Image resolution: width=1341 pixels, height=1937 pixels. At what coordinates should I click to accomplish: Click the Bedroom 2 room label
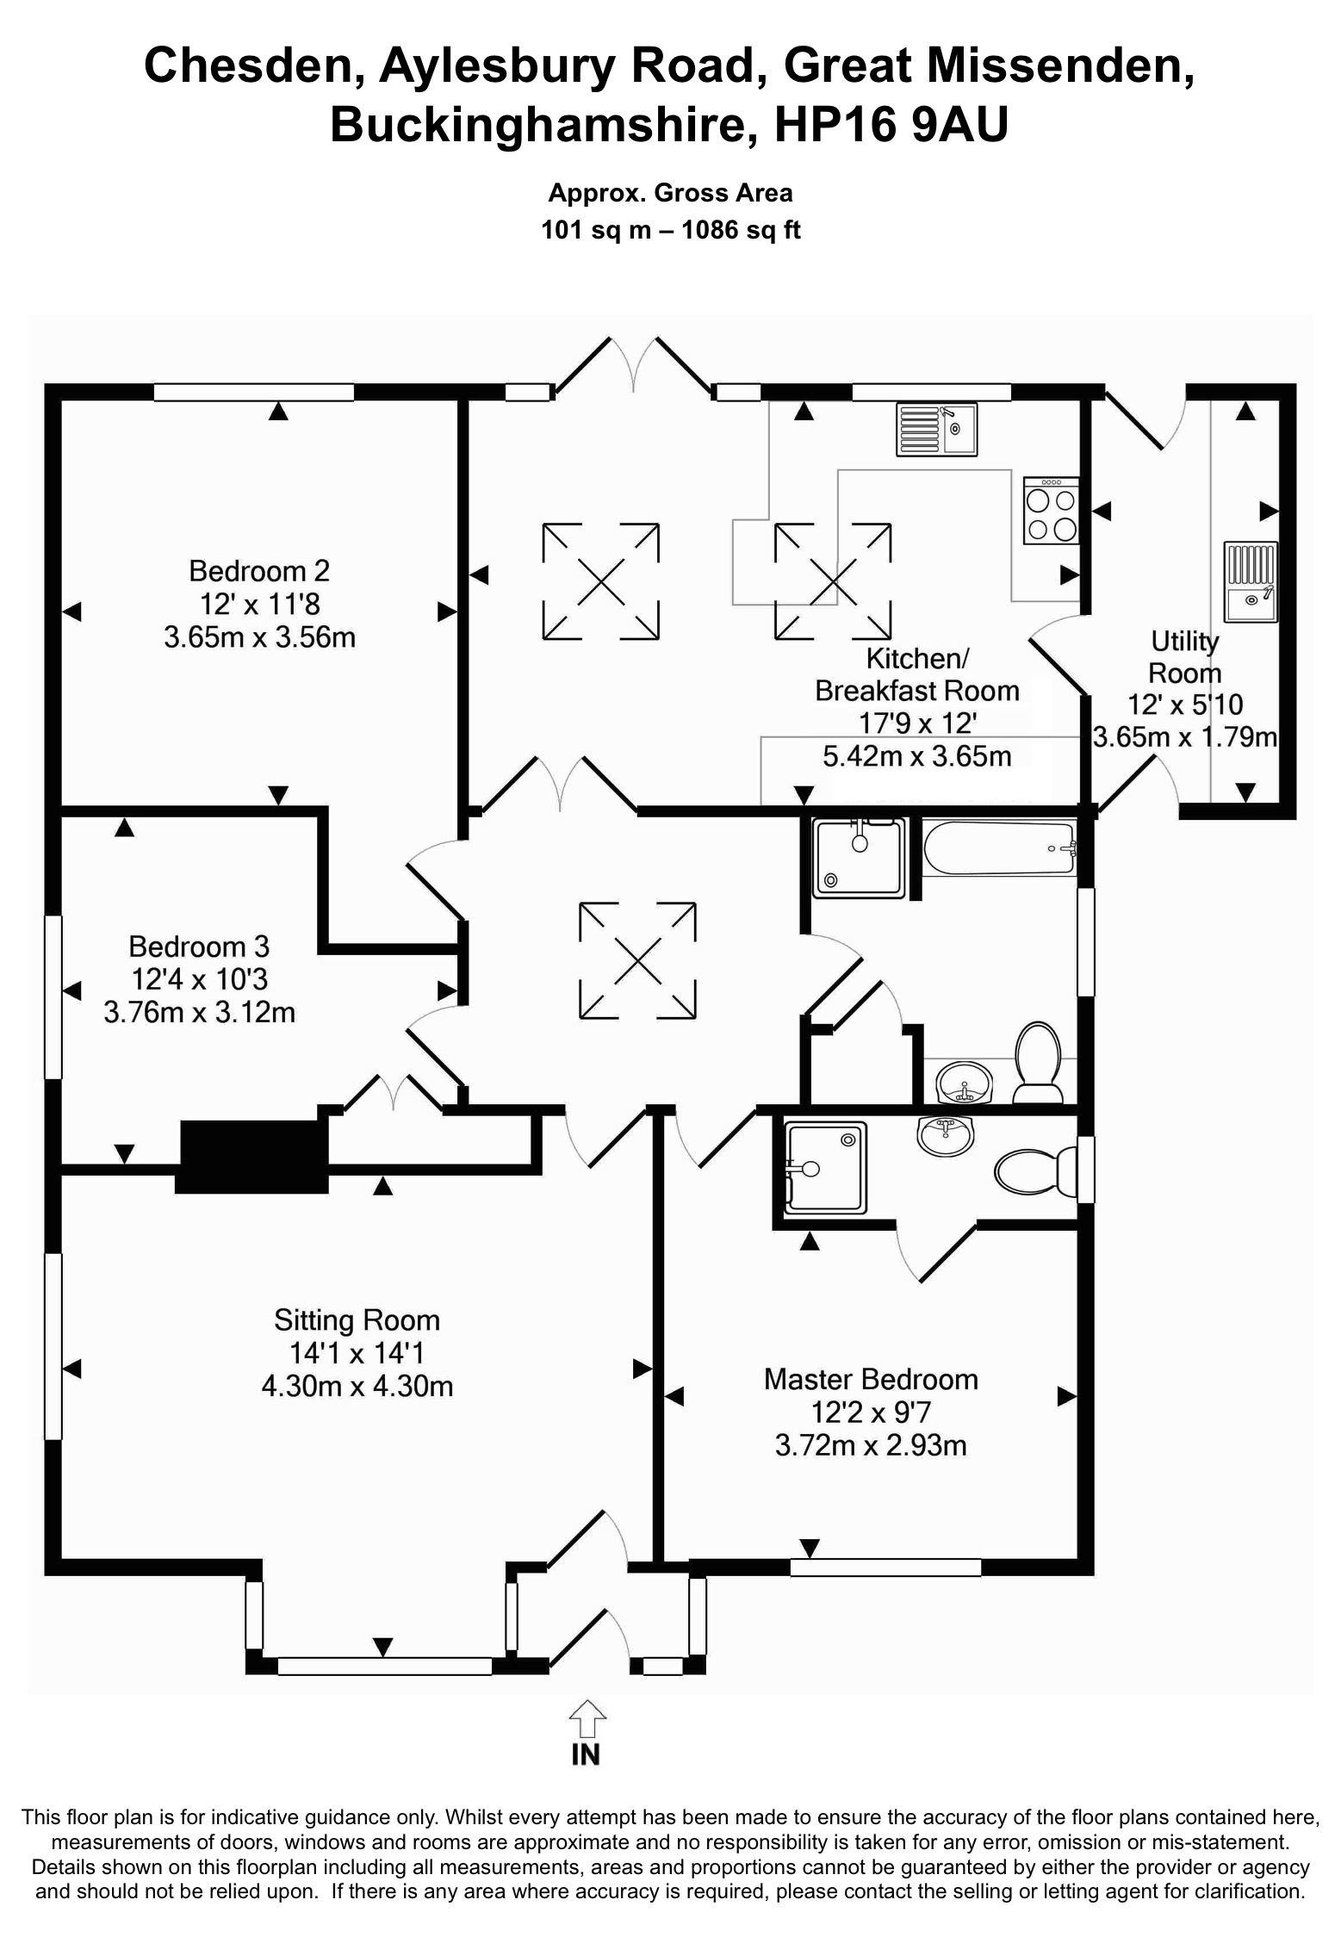(x=258, y=571)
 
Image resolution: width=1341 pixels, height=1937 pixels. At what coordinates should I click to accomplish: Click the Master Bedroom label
(x=870, y=1379)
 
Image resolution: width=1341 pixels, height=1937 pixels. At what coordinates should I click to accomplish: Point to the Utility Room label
(x=1184, y=657)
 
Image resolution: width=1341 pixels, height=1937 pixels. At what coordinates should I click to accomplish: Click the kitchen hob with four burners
(x=1051, y=512)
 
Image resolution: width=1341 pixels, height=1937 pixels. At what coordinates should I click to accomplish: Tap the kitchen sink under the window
(x=936, y=429)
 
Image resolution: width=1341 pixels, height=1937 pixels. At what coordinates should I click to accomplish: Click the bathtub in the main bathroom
(x=999, y=848)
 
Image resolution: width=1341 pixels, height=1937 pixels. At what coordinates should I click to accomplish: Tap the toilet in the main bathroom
(x=1038, y=1061)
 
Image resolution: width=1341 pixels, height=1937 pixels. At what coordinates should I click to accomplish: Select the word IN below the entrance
(x=586, y=1755)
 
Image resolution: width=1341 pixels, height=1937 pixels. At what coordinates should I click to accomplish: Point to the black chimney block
(x=252, y=1157)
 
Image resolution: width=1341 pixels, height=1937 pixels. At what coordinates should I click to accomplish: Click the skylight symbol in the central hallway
(x=637, y=960)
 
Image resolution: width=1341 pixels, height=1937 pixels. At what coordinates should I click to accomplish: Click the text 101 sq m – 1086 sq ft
(x=670, y=230)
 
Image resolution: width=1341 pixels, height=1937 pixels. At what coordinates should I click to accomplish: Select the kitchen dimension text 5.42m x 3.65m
(x=916, y=756)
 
